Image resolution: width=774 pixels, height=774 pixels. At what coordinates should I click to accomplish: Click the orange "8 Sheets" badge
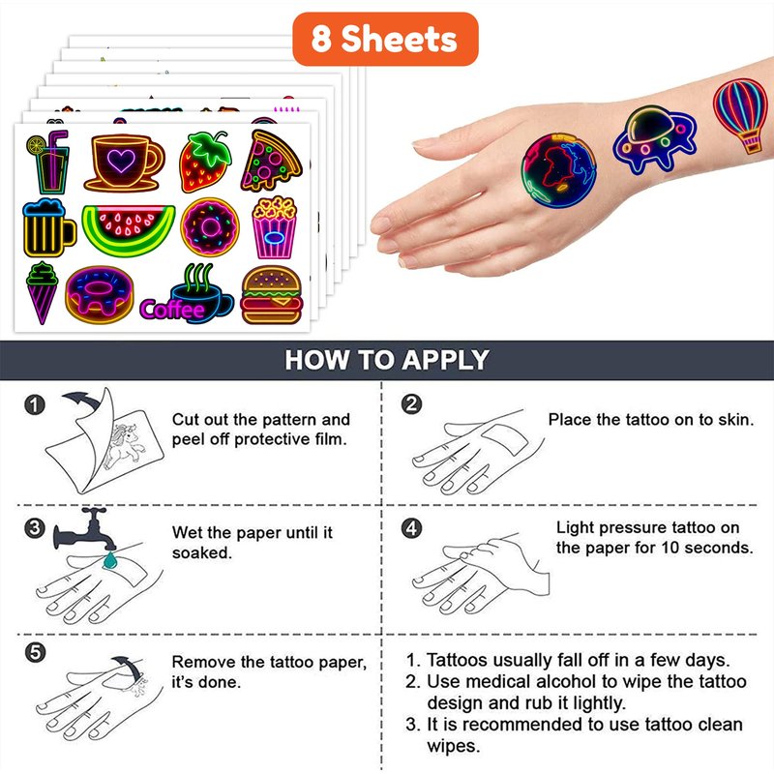385,39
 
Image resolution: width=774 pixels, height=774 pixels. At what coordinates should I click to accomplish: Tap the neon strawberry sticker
205,162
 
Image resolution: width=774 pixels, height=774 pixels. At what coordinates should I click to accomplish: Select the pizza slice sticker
271,161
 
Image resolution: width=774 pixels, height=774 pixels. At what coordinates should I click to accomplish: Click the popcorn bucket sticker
275,227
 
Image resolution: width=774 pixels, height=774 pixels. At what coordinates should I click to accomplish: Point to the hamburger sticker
272,295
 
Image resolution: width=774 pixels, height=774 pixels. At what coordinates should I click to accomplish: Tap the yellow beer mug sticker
48,228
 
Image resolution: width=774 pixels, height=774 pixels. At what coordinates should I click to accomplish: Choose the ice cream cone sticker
42,293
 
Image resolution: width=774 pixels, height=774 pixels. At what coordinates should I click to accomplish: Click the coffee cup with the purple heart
124,163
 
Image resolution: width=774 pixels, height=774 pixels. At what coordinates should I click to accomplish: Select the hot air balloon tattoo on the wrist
742,114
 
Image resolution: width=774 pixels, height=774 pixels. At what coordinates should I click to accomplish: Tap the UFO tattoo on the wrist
654,139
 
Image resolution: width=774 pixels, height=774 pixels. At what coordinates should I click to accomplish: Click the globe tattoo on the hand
559,170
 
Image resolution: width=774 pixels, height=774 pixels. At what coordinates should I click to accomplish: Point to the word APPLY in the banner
445,360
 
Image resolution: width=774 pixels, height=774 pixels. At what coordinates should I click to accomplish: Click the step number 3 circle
35,528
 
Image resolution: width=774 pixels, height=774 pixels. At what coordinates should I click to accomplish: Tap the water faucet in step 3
84,529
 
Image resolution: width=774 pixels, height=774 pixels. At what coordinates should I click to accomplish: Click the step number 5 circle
35,652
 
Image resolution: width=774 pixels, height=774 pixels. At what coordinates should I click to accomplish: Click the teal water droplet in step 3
109,560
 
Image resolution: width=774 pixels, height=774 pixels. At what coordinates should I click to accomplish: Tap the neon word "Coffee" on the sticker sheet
172,310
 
